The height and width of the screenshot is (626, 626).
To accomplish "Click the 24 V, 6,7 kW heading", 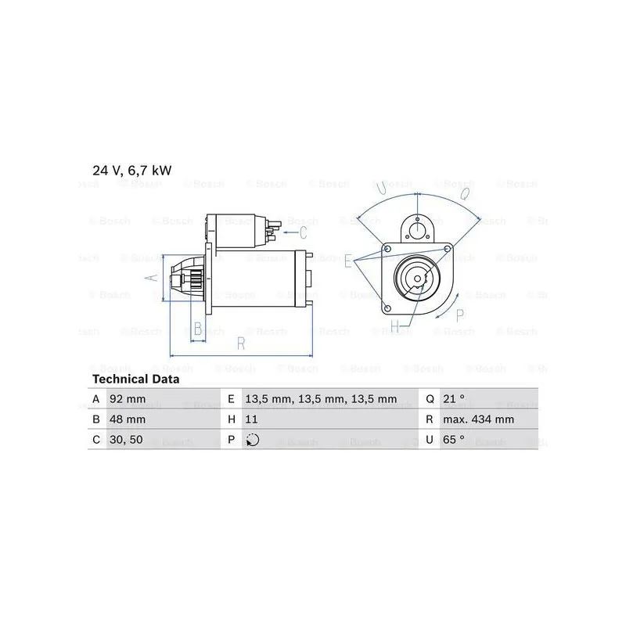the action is [x=131, y=171].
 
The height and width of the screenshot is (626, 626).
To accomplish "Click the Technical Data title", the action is [x=135, y=379].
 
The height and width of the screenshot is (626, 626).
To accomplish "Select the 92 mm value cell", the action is [x=128, y=399].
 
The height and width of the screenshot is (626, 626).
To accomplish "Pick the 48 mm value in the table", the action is [x=128, y=419].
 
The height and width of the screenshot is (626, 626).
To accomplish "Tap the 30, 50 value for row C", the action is [x=126, y=440].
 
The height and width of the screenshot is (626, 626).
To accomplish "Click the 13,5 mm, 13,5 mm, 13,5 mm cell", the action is [x=321, y=399].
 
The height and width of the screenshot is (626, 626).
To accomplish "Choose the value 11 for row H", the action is [x=251, y=419].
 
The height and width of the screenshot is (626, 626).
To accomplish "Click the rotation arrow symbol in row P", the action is [x=252, y=440].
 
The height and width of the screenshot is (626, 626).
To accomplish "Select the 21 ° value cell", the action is [x=454, y=398].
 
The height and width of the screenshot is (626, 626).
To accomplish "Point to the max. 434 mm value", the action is [x=478, y=419].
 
